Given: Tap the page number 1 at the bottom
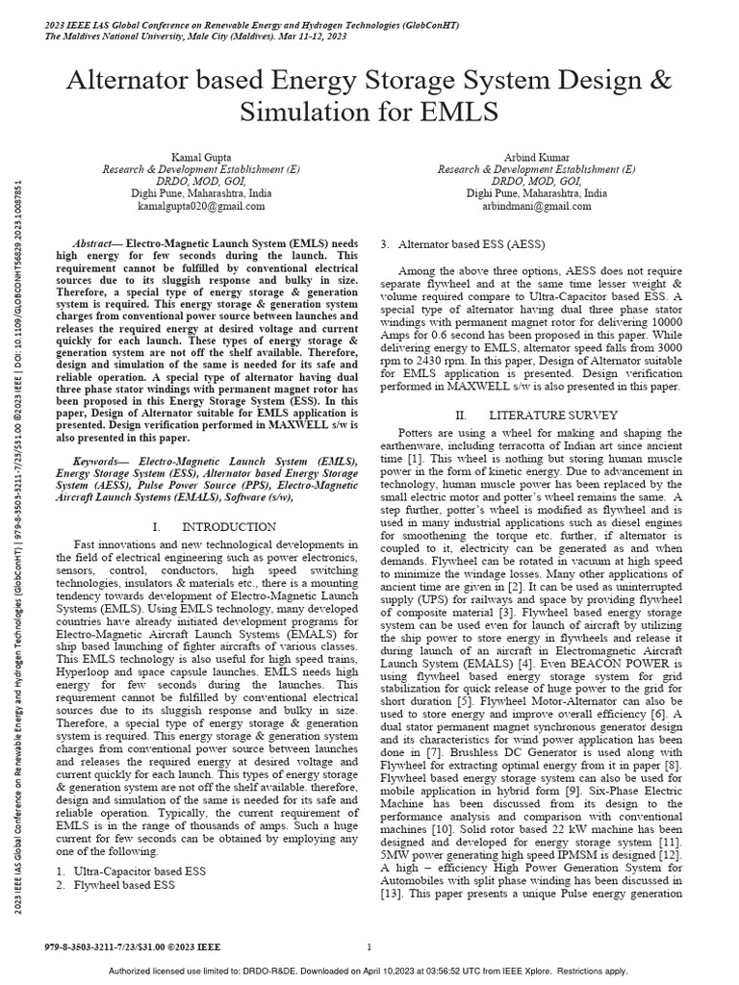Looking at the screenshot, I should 369,947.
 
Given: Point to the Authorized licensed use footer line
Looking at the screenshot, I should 369,971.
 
